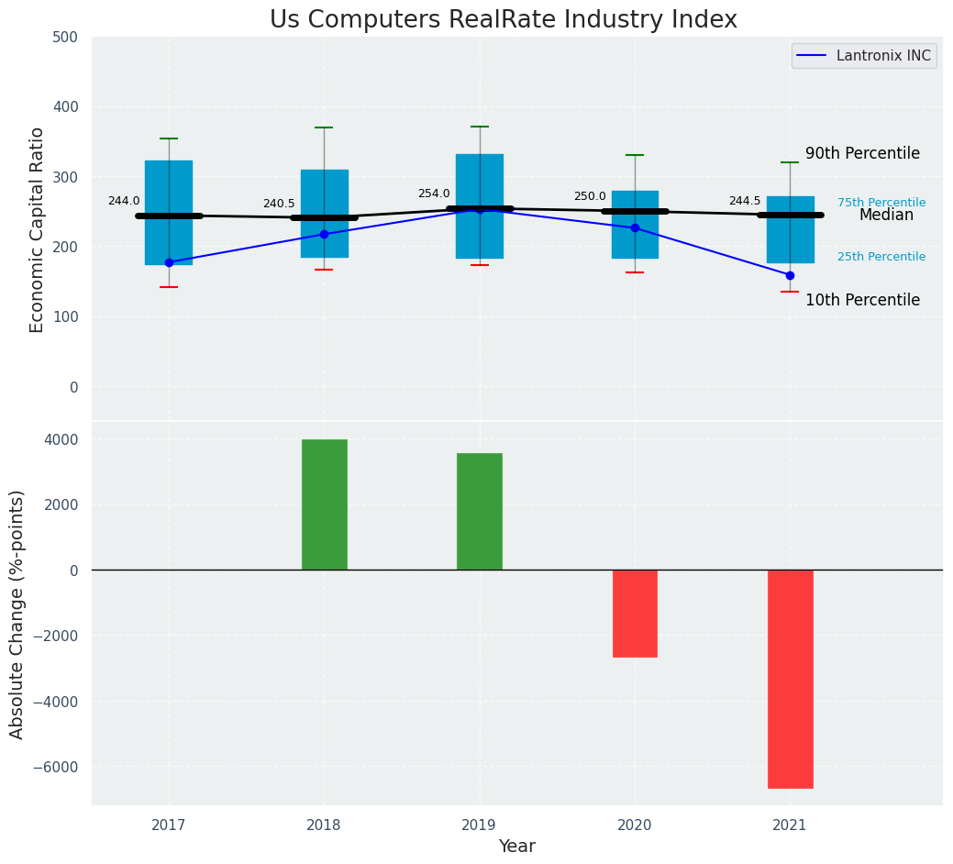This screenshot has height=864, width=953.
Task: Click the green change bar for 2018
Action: pyautogui.click(x=324, y=504)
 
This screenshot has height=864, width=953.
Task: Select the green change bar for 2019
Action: pyautogui.click(x=480, y=511)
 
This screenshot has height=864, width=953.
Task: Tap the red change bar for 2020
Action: pyautogui.click(x=635, y=613)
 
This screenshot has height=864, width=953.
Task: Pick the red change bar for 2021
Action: pyautogui.click(x=790, y=679)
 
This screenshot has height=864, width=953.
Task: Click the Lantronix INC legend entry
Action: pyautogui.click(x=864, y=56)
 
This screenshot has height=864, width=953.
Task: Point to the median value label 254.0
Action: pyautogui.click(x=434, y=194)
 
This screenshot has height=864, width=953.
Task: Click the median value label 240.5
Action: pyautogui.click(x=279, y=204)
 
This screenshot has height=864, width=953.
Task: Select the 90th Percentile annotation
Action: pyautogui.click(x=862, y=153)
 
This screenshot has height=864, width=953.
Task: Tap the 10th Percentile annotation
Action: pyautogui.click(x=862, y=300)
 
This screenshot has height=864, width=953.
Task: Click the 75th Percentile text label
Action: pyautogui.click(x=881, y=203)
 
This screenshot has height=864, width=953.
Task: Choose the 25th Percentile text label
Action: pyautogui.click(x=881, y=257)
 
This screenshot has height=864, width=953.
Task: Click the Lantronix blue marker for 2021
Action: pyautogui.click(x=790, y=275)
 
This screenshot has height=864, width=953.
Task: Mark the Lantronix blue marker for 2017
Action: pyautogui.click(x=169, y=262)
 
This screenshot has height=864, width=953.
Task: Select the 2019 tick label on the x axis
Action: pyautogui.click(x=479, y=825)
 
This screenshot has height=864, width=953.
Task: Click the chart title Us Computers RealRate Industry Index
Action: pyautogui.click(x=503, y=20)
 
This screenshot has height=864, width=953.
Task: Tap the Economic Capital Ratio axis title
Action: pyautogui.click(x=38, y=229)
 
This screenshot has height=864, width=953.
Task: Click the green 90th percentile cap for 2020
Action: pyautogui.click(x=635, y=155)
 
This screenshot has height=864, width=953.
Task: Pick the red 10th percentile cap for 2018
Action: pyautogui.click(x=324, y=270)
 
